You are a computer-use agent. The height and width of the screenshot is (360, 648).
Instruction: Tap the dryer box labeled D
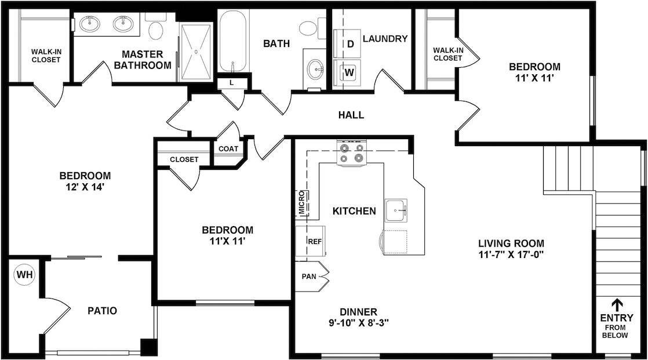coord(350,43)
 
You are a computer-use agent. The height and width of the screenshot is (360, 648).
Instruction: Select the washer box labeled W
coord(350,72)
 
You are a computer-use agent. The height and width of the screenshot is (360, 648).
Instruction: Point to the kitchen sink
coord(396,209)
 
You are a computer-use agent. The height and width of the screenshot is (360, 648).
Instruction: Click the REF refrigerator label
coord(315,241)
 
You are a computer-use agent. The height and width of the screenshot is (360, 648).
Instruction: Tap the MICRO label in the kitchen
coord(302,203)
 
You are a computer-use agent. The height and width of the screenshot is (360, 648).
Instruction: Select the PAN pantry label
coord(309,276)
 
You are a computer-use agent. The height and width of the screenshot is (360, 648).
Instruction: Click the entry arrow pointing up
coord(617,304)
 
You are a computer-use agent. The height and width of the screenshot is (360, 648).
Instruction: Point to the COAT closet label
coord(228,148)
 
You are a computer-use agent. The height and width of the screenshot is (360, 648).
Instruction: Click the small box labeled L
coord(231,83)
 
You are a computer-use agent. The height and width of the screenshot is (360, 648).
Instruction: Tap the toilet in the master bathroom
coord(155,28)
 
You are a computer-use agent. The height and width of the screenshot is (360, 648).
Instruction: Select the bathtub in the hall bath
coord(234,41)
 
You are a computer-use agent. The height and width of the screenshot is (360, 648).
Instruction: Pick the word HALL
coord(351,115)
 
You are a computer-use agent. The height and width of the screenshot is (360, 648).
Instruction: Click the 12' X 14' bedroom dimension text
coord(85,187)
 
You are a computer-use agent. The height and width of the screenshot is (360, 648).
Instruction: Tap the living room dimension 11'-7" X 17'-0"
coord(511,254)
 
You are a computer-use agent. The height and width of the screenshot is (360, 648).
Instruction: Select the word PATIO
coord(102,311)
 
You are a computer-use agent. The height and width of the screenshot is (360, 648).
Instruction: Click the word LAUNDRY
coord(385,39)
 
